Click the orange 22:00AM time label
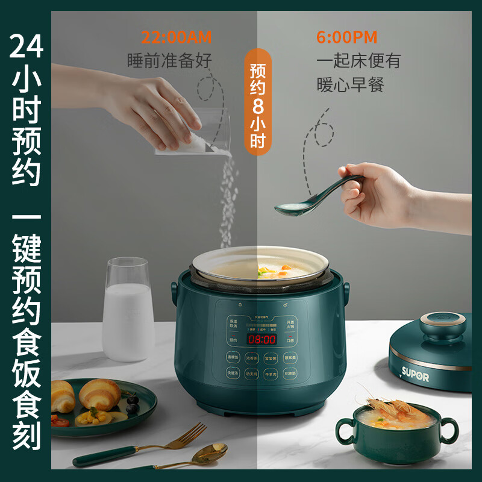(177, 37)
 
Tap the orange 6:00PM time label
(346, 37)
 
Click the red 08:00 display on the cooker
(261, 340)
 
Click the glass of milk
(128, 310)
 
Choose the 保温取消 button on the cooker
(233, 324)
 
